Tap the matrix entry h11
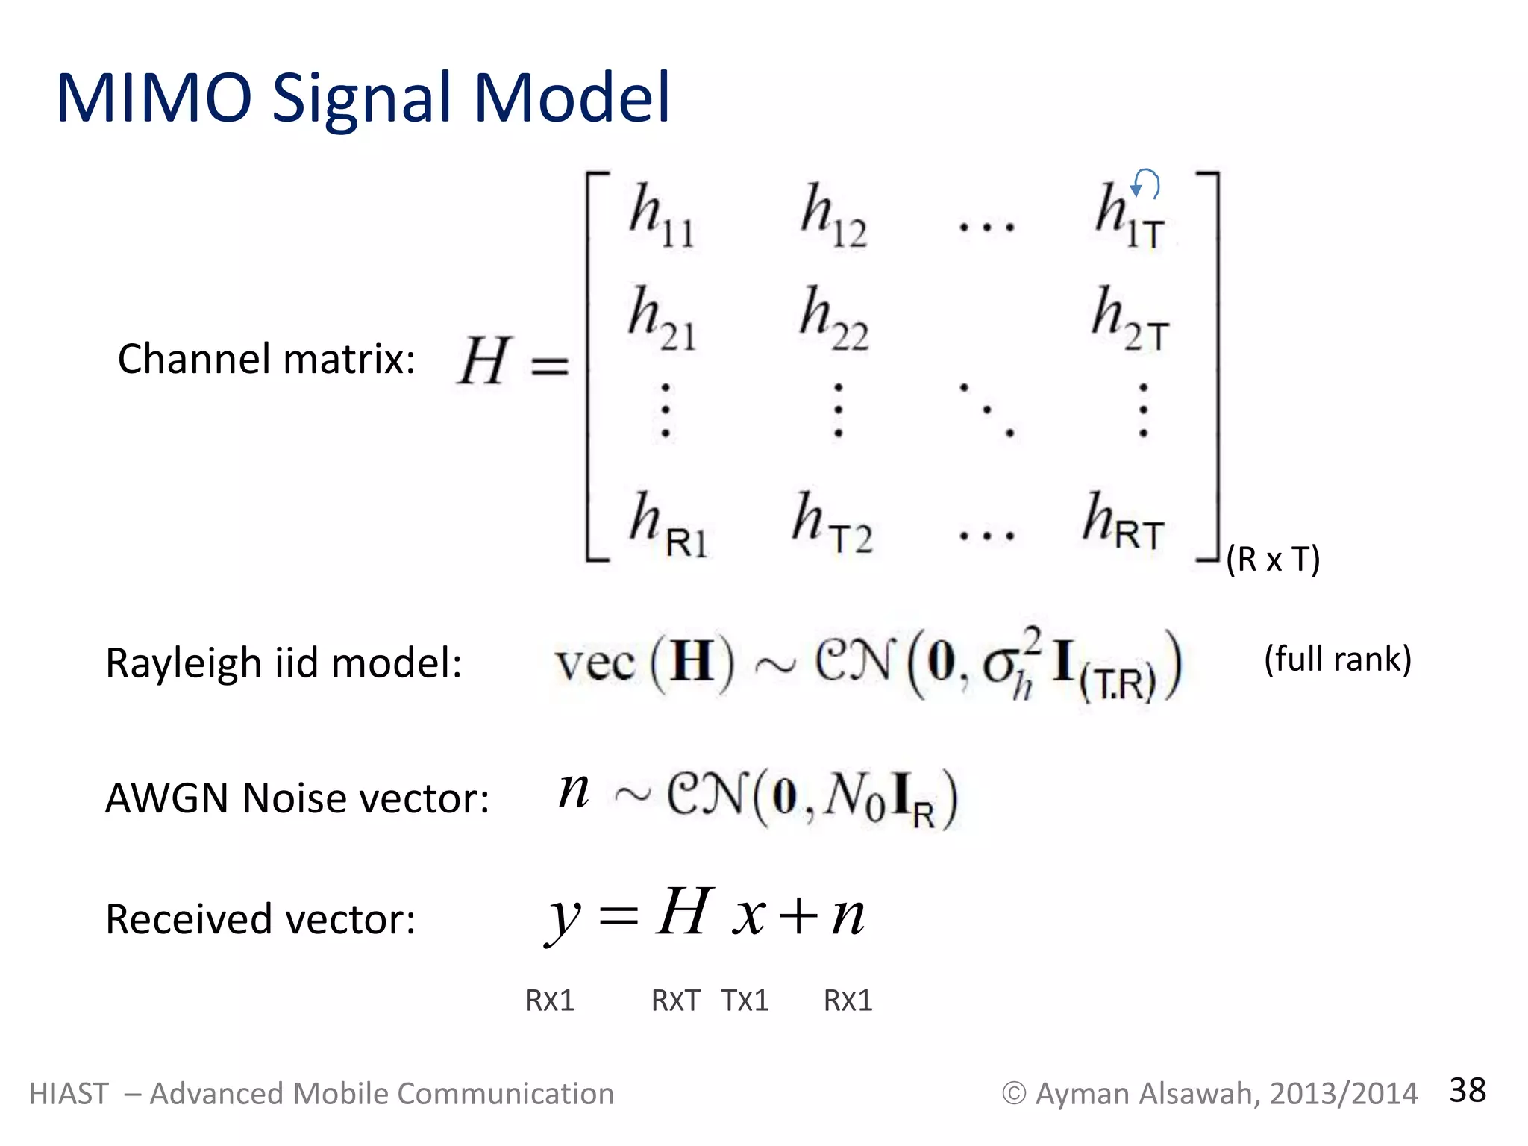(662, 216)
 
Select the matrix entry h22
(834, 319)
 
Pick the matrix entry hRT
(1124, 521)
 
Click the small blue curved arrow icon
(1146, 184)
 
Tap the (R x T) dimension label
(1273, 559)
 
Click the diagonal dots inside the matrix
(987, 410)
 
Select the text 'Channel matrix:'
(266, 359)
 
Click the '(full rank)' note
(1337, 659)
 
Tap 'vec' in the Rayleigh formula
(595, 663)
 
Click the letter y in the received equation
(564, 918)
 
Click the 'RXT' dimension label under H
(676, 1001)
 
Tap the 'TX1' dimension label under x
(745, 1001)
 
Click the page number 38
(1467, 1090)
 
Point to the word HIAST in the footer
(69, 1094)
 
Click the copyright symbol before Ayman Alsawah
(1013, 1094)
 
